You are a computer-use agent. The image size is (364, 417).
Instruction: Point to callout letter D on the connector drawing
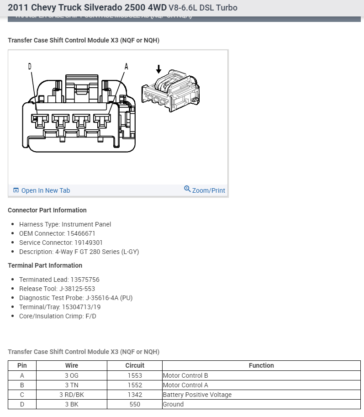(x=30, y=67)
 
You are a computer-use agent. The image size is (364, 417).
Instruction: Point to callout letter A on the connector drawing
(x=127, y=67)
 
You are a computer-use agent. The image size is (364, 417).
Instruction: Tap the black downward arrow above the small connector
(x=158, y=69)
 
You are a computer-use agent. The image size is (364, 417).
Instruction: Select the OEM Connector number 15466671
(x=81, y=233)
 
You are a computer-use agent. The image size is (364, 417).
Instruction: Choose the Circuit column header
(x=135, y=365)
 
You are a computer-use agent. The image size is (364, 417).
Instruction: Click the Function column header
(x=261, y=365)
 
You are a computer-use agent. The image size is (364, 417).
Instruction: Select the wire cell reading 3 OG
(x=72, y=375)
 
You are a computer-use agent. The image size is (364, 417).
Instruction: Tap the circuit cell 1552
(x=135, y=385)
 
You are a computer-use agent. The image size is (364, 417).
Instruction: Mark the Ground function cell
(x=173, y=404)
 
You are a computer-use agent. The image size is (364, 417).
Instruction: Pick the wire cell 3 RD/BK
(x=72, y=395)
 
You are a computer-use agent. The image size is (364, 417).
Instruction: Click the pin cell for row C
(x=22, y=395)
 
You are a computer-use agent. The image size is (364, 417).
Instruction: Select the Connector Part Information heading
(x=47, y=210)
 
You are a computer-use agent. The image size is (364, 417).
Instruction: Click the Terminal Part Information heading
(x=45, y=265)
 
